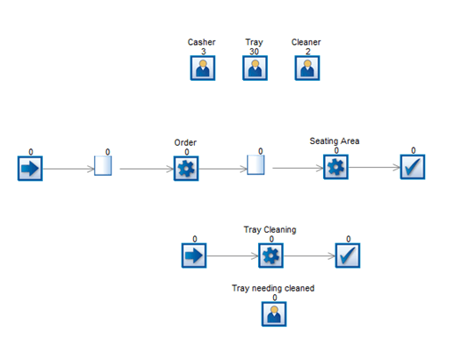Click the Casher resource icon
point(203,68)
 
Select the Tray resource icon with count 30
point(255,68)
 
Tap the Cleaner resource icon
point(307,68)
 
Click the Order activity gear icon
point(186,169)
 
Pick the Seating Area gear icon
point(335,167)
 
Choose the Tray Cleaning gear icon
point(270,256)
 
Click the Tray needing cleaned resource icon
point(274,313)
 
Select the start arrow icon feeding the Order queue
point(30,169)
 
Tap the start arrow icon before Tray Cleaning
point(194,256)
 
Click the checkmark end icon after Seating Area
point(413,167)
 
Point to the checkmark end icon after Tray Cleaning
point(348,256)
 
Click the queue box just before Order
point(103,165)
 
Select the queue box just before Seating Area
point(256,165)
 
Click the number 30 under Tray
point(254,52)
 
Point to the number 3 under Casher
point(204,52)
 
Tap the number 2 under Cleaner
point(308,52)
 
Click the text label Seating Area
point(335,141)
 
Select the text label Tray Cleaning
point(270,230)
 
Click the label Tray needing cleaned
point(273,288)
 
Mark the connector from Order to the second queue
point(223,169)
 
